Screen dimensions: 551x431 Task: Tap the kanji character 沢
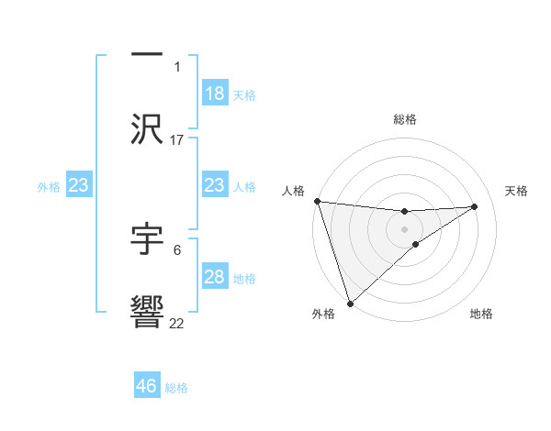point(147,128)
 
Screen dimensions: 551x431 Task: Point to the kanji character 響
point(147,312)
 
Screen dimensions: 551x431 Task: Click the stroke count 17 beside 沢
point(177,139)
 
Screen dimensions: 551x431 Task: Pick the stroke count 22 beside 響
point(177,323)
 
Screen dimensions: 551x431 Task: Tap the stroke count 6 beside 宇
point(177,249)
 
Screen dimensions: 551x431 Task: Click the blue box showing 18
point(215,94)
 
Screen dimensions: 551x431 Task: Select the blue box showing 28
point(215,277)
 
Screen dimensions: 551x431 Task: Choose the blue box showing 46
point(147,386)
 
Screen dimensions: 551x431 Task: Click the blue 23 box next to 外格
point(79,185)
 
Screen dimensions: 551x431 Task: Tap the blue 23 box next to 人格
point(215,185)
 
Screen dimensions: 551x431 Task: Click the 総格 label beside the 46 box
point(176,388)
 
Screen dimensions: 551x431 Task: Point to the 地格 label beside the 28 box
point(244,279)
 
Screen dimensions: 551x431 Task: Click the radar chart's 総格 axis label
point(405,119)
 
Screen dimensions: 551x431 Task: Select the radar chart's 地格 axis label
point(481,314)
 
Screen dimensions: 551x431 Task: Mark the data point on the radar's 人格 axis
point(318,201)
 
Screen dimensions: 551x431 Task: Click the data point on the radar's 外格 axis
point(350,303)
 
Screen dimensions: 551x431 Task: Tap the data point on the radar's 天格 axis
point(475,206)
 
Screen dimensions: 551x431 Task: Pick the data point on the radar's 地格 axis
point(416,244)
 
